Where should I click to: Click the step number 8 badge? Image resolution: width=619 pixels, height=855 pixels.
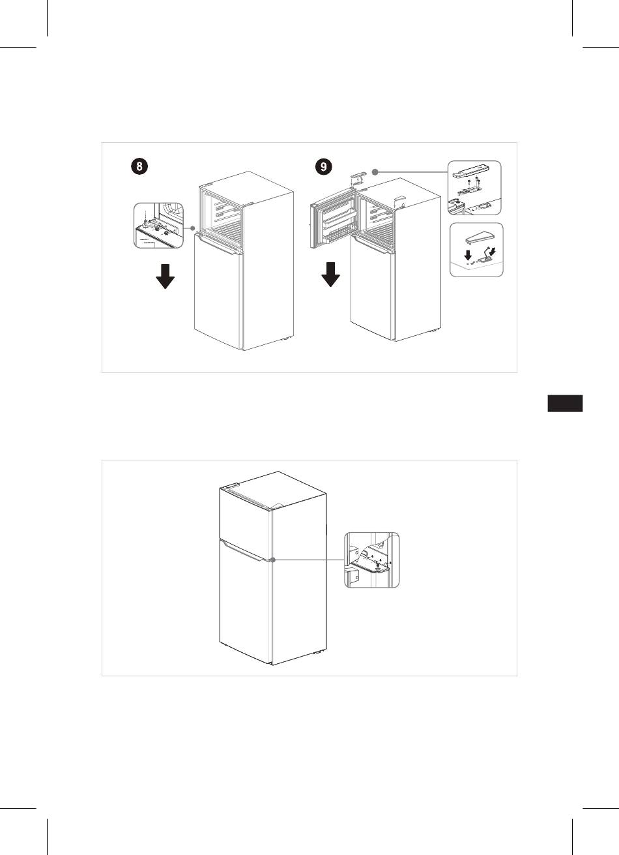point(139,166)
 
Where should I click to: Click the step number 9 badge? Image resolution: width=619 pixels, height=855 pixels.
point(324,166)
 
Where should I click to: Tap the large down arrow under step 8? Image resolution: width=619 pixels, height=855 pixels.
point(165,276)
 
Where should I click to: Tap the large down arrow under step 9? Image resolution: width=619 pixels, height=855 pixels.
point(330,275)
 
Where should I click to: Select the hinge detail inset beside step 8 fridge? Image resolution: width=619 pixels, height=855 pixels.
point(158,226)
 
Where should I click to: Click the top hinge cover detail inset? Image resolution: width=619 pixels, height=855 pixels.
point(474,188)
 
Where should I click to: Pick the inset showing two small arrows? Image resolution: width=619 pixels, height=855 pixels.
point(476,250)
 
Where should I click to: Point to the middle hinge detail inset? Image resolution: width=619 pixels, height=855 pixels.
point(372,560)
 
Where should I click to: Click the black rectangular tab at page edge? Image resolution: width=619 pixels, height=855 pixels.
point(565,404)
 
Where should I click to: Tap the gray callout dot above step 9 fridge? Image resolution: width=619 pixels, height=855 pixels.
point(375,172)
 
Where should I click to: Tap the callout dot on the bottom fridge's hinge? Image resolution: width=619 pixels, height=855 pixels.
point(273,560)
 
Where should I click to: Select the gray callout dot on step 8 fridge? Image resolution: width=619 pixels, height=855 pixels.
point(193,228)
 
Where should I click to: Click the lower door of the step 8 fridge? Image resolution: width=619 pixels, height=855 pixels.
point(218,292)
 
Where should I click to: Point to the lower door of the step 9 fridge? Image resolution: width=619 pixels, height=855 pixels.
point(372,288)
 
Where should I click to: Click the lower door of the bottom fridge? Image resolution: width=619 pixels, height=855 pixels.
point(246,603)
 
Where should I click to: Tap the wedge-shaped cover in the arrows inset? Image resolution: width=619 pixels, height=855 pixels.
point(480,239)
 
